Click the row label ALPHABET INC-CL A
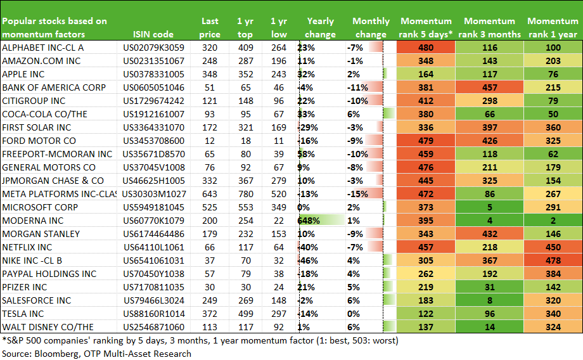click(x=42, y=48)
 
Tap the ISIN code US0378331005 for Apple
click(x=153, y=74)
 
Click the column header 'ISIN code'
click(x=153, y=34)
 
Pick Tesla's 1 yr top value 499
click(x=246, y=314)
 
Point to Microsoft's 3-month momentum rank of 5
click(x=490, y=207)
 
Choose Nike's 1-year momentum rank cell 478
click(x=553, y=260)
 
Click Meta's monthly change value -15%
click(x=357, y=194)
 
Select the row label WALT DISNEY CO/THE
click(x=48, y=327)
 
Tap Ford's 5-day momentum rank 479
click(x=426, y=141)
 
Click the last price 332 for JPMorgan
click(x=210, y=181)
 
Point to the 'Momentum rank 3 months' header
click(x=489, y=27)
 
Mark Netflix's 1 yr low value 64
click(x=279, y=247)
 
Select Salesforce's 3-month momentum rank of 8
click(x=490, y=300)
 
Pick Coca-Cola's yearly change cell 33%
click(x=306, y=114)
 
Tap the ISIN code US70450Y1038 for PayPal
click(x=153, y=274)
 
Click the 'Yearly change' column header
click(x=320, y=27)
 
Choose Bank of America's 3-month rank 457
click(x=490, y=87)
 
